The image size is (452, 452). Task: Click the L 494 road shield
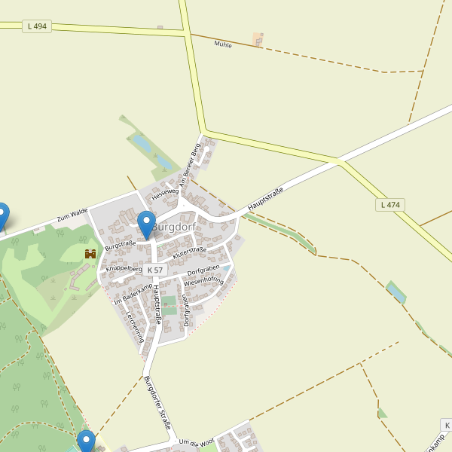[36, 26]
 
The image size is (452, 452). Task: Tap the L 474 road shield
[390, 205]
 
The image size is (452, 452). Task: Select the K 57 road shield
[155, 270]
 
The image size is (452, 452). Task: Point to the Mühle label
[223, 44]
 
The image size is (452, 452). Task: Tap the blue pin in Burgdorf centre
[147, 225]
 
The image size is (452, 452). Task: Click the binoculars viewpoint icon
[90, 254]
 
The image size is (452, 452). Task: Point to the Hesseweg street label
[165, 194]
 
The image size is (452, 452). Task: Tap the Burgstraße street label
[120, 245]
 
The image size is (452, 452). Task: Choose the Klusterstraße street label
[189, 253]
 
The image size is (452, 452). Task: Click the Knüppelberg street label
[124, 268]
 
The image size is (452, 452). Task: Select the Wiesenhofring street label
[203, 282]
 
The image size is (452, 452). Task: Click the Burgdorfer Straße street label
[157, 402]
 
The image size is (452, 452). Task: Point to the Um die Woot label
[197, 441]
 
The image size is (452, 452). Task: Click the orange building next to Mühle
[258, 38]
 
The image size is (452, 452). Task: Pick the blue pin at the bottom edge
[86, 441]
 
